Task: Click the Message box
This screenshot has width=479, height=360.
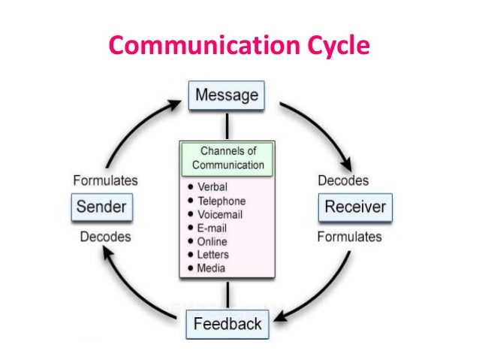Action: (x=226, y=96)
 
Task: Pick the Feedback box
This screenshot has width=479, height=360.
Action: (x=227, y=324)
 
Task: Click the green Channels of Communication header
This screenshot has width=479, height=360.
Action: (x=227, y=158)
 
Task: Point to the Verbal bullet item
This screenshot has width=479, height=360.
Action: (x=212, y=186)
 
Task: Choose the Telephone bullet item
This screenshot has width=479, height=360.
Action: (x=221, y=201)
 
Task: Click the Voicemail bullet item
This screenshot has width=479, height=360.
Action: (x=221, y=214)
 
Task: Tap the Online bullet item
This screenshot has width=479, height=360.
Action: (x=212, y=241)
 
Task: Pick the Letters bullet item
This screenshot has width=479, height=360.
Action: (x=214, y=255)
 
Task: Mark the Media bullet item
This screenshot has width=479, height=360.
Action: (x=211, y=268)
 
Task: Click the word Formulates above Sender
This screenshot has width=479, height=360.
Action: (x=105, y=181)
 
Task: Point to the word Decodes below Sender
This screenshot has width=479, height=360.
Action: (x=105, y=237)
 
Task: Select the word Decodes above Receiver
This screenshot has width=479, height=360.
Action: (x=343, y=181)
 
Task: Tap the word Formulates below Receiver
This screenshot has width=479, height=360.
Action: (x=350, y=237)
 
